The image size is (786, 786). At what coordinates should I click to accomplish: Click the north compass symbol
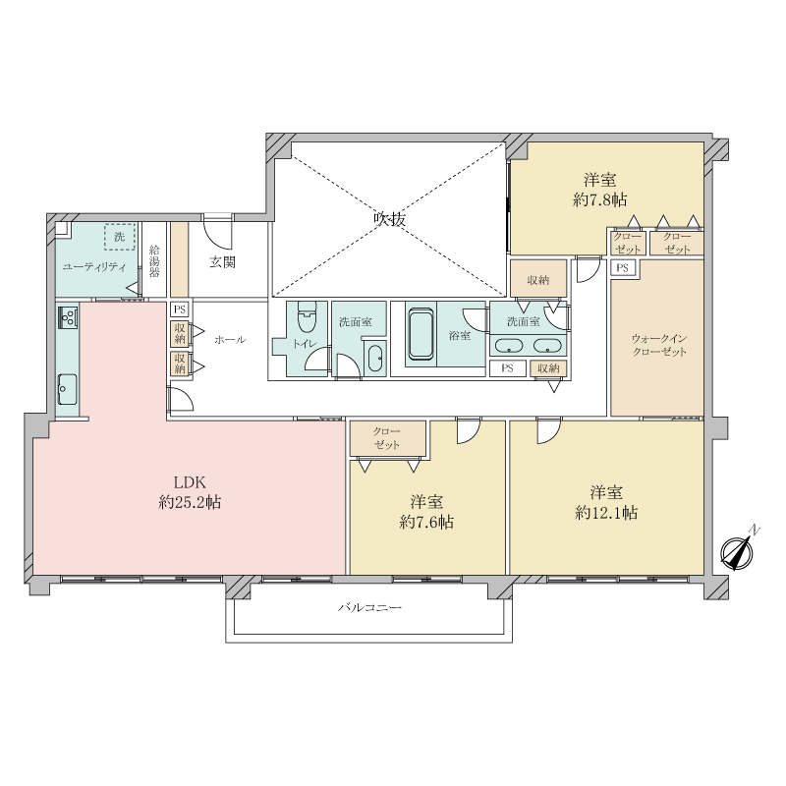tap(738, 552)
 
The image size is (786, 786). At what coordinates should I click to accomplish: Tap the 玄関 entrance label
tap(222, 262)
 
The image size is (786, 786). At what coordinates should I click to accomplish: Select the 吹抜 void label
tap(389, 219)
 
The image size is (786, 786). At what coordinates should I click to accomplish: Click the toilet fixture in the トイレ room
tap(306, 317)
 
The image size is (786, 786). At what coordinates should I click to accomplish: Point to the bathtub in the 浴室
tap(421, 334)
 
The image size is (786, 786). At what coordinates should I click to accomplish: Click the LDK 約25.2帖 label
tap(190, 492)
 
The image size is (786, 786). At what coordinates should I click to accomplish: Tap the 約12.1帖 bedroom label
tap(606, 503)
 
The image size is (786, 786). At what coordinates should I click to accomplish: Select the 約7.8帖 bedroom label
tap(600, 190)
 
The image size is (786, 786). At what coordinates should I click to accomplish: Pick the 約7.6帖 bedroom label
tap(426, 512)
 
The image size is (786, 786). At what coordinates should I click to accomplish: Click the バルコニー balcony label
tap(369, 608)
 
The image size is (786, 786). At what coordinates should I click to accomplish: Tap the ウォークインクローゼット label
tap(659, 346)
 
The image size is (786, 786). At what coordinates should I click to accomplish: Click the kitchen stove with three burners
tap(68, 316)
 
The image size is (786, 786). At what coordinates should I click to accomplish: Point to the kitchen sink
tap(67, 389)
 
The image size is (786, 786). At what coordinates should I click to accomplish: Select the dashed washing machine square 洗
tap(119, 237)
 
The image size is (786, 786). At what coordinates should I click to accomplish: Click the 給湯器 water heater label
tap(154, 261)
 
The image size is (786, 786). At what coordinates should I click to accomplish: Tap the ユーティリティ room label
tap(93, 267)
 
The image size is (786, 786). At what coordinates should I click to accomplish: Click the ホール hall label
tap(230, 340)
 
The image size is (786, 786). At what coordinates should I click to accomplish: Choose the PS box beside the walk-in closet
tap(623, 267)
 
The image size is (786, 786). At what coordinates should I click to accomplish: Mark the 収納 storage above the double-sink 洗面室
tap(538, 280)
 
